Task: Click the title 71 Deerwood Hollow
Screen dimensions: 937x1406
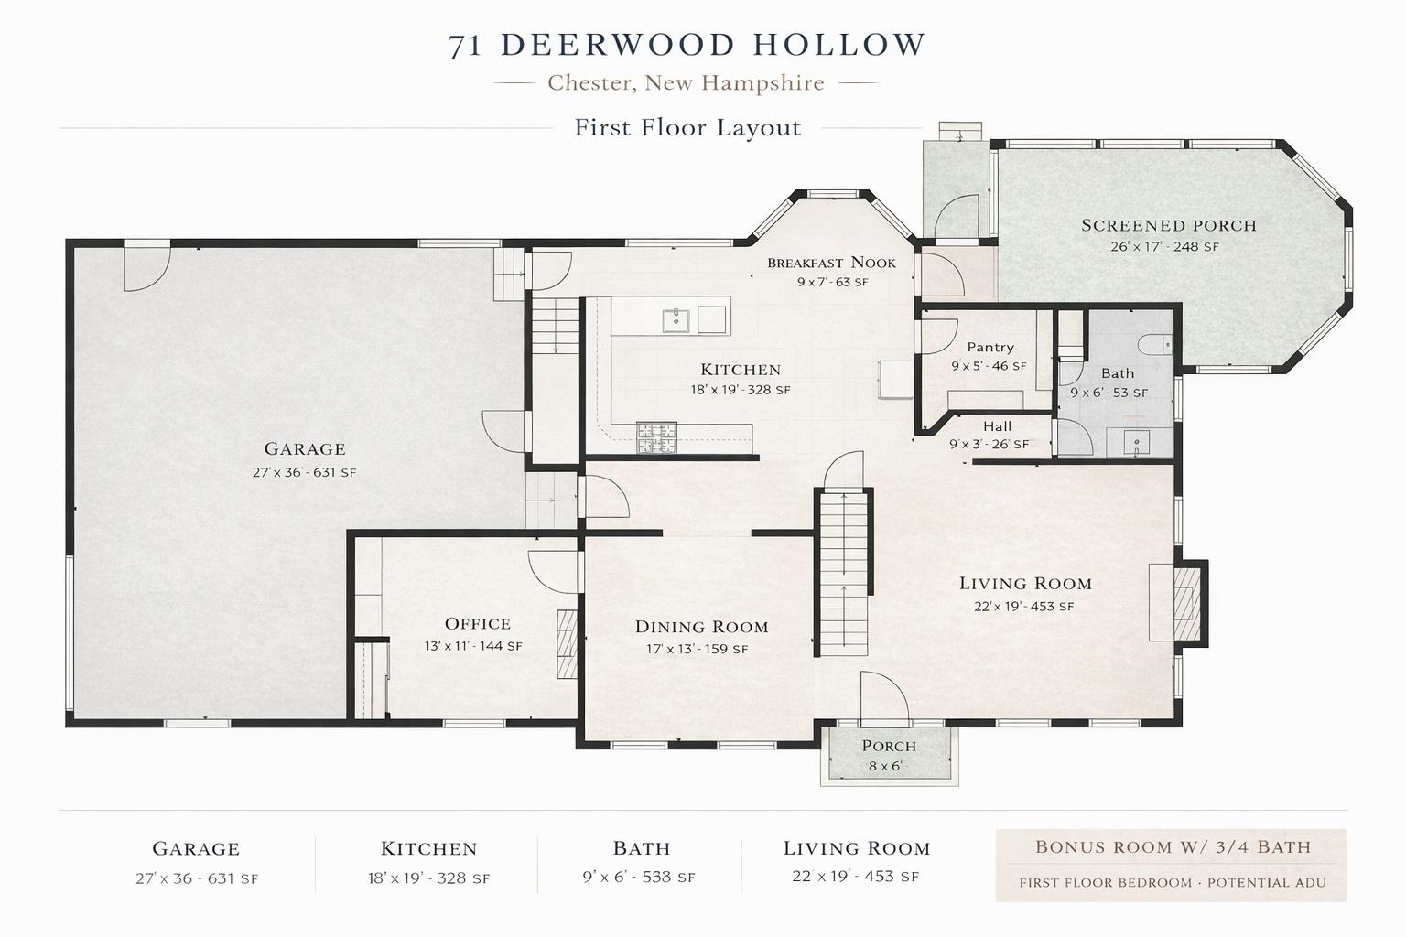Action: [x=687, y=45]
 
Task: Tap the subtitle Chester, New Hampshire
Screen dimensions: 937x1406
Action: [x=686, y=83]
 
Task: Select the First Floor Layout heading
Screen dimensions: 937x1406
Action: [x=687, y=127]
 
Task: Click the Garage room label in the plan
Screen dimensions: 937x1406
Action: [x=305, y=448]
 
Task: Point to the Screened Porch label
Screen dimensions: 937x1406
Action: [x=1169, y=225]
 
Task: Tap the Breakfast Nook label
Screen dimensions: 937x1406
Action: [x=831, y=263]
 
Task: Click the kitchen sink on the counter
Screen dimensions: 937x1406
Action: [x=677, y=319]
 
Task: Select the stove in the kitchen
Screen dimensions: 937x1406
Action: [x=656, y=438]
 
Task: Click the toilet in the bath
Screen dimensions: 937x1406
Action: [x=1155, y=344]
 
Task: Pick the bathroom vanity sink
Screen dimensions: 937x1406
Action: [x=1136, y=443]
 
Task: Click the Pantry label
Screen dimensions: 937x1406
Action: [x=990, y=348]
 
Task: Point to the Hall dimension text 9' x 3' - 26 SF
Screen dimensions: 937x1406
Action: [x=989, y=445]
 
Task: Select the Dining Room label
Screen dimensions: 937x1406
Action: [x=701, y=627]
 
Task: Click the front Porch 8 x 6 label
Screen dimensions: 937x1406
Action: [x=888, y=756]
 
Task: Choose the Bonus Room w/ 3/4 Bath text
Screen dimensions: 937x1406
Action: [x=1173, y=847]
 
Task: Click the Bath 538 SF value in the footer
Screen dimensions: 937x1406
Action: [x=639, y=878]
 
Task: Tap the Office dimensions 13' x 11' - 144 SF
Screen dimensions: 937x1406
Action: [x=473, y=646]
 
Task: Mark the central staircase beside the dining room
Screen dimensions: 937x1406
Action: [x=843, y=572]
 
